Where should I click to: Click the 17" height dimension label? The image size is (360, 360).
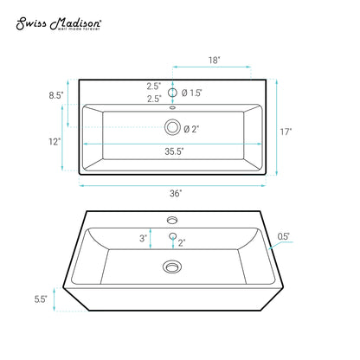pos(286,132)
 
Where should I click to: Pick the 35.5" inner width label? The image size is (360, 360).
pos(173,151)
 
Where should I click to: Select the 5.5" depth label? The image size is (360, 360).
pos(40,299)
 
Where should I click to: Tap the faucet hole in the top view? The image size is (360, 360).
pos(172,93)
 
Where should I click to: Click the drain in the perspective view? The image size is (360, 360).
pos(172,266)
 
